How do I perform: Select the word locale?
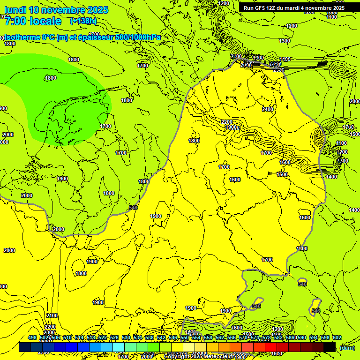click(45, 21)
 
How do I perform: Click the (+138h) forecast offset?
click(83, 21)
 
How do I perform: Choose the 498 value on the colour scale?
click(32, 337)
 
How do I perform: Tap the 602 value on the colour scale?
click(337, 337)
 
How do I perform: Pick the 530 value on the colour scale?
click(126, 337)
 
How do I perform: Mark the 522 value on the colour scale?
click(103, 337)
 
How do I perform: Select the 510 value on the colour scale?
click(67, 337)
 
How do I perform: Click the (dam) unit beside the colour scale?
click(347, 347)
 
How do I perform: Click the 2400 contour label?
click(268, 109)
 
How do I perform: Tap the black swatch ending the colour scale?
click(330, 347)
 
